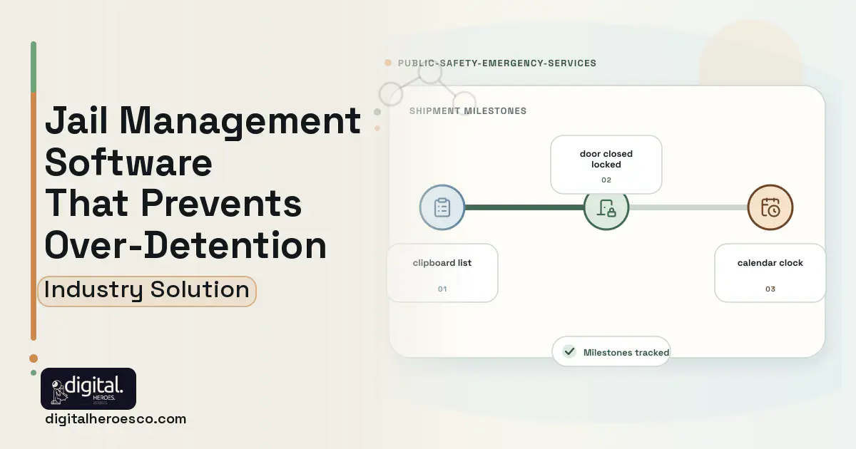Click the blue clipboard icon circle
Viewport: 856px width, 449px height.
tap(442, 207)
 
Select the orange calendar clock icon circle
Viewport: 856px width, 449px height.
tap(770, 207)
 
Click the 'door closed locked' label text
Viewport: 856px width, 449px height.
tap(606, 159)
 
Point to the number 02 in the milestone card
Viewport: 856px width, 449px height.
tap(606, 180)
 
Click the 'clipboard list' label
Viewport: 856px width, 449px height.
tap(442, 263)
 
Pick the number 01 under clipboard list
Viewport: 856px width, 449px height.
tap(442, 289)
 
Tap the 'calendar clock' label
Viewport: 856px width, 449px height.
tap(770, 263)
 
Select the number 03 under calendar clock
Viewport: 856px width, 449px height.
tap(770, 289)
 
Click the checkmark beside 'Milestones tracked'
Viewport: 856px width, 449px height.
tap(569, 351)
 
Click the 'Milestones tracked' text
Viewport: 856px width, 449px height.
tap(626, 352)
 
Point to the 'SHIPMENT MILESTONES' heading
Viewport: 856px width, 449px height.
tap(468, 111)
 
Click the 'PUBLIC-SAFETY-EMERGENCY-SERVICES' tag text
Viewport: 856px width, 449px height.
tap(496, 63)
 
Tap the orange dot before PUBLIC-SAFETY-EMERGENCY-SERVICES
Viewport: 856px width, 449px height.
tap(388, 63)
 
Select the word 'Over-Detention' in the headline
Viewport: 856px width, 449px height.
tap(185, 245)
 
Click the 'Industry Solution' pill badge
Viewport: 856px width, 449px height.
tap(147, 291)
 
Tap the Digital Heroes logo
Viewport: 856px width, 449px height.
tap(88, 388)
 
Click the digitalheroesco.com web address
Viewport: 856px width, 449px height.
tap(116, 419)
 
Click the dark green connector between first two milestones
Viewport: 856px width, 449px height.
tap(524, 207)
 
